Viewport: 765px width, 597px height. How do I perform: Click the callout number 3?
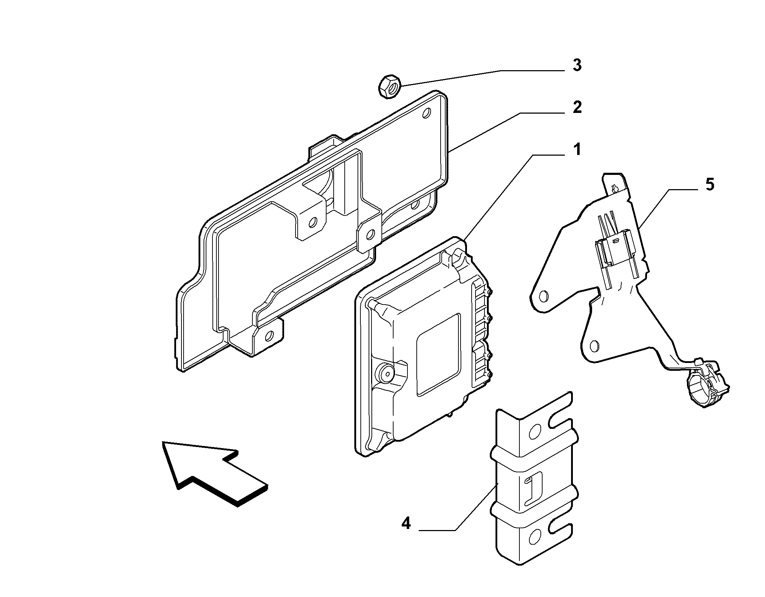(x=577, y=65)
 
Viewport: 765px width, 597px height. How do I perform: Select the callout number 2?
(x=577, y=108)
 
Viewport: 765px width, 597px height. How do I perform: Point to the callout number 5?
(x=709, y=185)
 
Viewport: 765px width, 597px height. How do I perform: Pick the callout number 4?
(x=406, y=524)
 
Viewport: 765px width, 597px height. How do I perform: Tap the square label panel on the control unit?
(x=438, y=355)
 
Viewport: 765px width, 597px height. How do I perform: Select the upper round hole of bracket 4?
(x=535, y=432)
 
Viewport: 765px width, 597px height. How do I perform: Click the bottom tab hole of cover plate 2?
(x=270, y=335)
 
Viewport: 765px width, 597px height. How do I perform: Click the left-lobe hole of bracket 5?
(x=544, y=295)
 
